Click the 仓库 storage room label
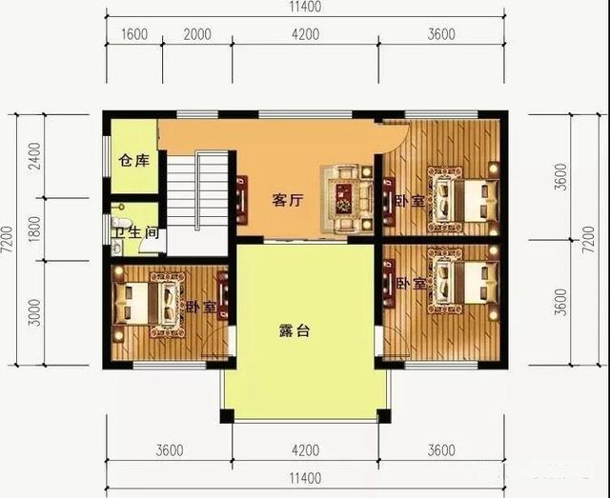133,160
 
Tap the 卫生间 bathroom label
132,232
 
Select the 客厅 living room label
287,201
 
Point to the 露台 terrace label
295,333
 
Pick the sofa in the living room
347,195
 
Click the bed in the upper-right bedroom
461,199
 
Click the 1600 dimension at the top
134,35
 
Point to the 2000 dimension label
196,35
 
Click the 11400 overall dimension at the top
305,8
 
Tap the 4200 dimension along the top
305,35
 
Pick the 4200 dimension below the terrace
305,449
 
